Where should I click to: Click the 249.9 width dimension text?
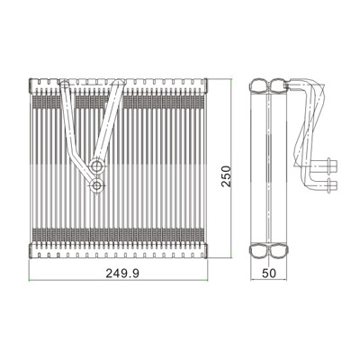[122, 274]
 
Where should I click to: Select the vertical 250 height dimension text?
[226, 176]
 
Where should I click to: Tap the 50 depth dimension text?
[269, 274]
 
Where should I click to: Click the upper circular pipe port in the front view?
[96, 166]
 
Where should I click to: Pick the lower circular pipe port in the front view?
[96, 186]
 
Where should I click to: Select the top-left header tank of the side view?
[259, 85]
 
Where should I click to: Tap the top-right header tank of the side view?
[278, 85]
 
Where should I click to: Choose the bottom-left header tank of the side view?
[259, 251]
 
